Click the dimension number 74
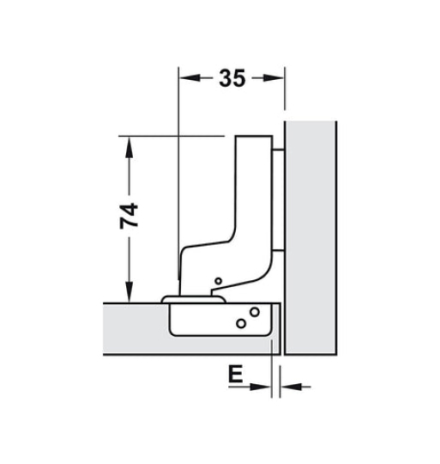click(x=129, y=216)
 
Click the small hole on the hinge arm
click(x=218, y=281)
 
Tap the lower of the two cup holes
click(x=241, y=323)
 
